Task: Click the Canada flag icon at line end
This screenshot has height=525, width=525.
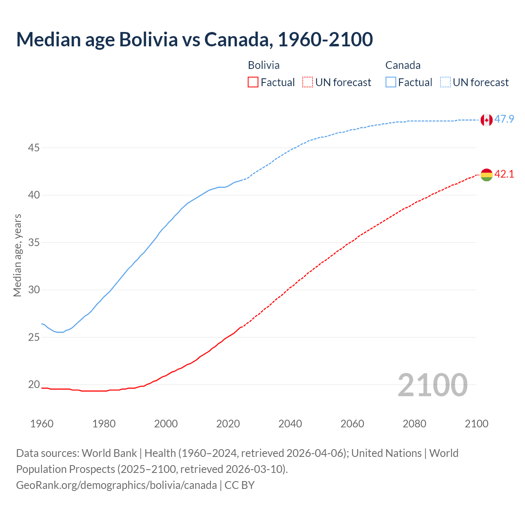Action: click(486, 120)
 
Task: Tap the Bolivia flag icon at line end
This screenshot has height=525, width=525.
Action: click(486, 175)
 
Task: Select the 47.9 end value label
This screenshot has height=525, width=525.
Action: click(504, 119)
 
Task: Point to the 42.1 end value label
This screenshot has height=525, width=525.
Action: click(504, 174)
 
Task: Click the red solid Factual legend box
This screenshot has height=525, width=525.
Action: click(253, 82)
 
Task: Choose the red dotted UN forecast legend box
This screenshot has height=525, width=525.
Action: click(308, 82)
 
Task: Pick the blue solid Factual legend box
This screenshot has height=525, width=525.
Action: click(391, 82)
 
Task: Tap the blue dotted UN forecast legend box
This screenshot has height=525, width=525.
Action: click(445, 82)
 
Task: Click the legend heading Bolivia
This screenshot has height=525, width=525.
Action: click(264, 65)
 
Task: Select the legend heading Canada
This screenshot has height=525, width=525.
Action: click(403, 65)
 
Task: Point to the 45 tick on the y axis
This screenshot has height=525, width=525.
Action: click(34, 148)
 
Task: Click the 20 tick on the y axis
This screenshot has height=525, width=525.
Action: click(34, 385)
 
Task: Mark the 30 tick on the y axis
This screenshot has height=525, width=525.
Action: click(34, 290)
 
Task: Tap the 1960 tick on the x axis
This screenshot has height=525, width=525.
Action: click(42, 424)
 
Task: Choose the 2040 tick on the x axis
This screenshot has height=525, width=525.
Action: click(290, 424)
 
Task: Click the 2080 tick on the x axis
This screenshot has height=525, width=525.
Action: click(414, 424)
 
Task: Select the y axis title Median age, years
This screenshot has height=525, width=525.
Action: click(17, 255)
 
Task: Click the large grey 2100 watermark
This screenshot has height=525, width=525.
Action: click(432, 385)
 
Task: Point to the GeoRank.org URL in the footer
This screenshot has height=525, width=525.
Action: click(116, 485)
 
